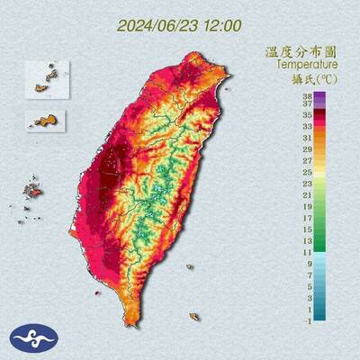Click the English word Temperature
click(x=307, y=65)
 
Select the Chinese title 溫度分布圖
click(x=307, y=52)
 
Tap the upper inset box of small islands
click(x=47, y=79)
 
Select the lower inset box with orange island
click(x=47, y=118)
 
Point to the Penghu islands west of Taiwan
click(x=33, y=191)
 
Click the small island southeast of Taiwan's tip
click(x=194, y=316)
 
